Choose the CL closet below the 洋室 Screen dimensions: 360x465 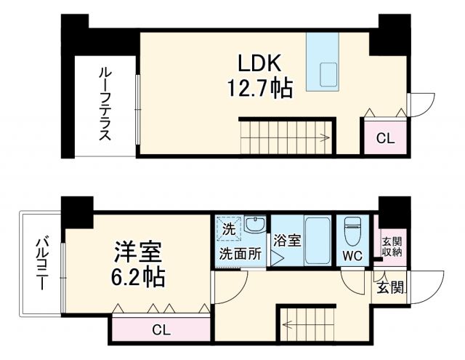(161, 329)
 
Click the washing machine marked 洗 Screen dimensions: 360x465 (229, 228)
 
